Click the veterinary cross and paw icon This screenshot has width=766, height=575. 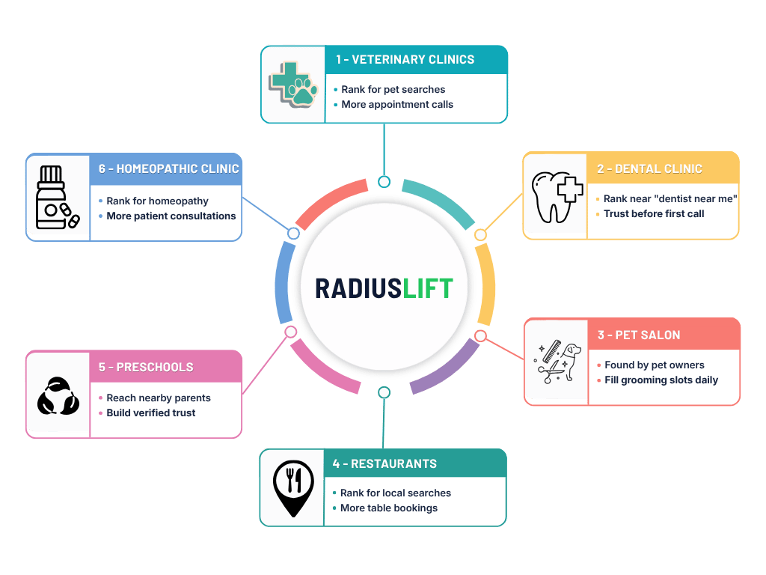point(293,85)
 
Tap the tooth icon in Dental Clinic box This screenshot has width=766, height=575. point(557,197)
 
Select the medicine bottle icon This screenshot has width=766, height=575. point(58,197)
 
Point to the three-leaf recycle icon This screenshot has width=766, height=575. point(58,396)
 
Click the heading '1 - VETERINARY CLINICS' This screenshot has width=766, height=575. point(405,60)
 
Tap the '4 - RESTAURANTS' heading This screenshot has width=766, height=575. point(384,463)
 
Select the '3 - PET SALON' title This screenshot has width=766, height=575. point(639,335)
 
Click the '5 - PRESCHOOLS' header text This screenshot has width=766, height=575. point(146,367)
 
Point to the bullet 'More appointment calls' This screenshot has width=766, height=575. point(397,104)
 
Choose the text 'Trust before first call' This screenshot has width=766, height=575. point(654,213)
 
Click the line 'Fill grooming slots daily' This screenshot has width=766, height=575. point(661,380)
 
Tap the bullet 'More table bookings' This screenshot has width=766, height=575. point(389,508)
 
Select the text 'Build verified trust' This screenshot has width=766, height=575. point(151,413)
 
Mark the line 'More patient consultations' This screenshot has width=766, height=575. point(171,216)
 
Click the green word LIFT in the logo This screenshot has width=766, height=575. point(428,288)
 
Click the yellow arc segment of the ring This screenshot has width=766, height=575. point(487,285)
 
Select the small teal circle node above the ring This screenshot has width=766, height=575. point(384,182)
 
